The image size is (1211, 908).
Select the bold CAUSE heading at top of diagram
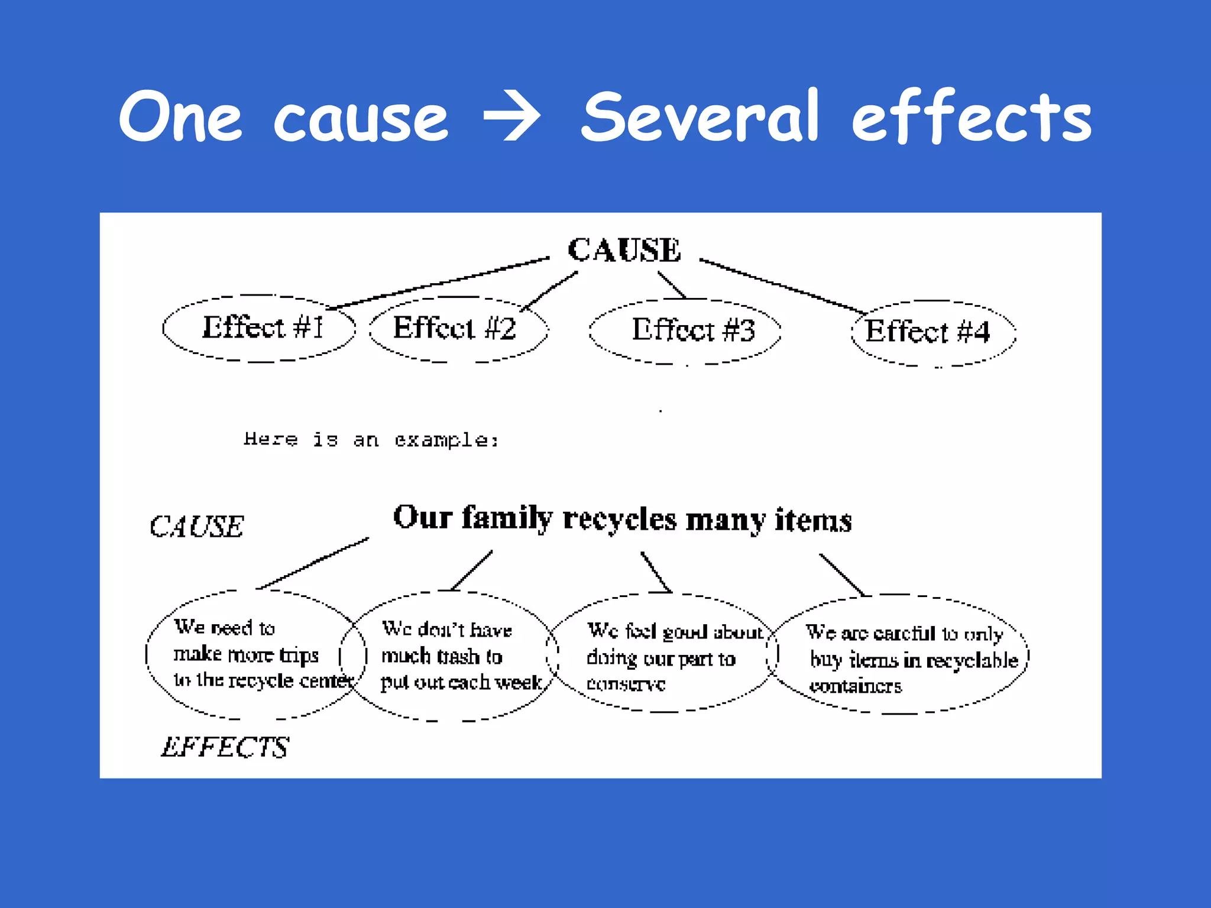pyautogui.click(x=624, y=249)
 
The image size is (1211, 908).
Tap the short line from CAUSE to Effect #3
pyautogui.click(x=672, y=284)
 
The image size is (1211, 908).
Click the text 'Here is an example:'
pyautogui.click(x=371, y=440)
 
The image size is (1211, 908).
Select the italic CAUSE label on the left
pyautogui.click(x=196, y=526)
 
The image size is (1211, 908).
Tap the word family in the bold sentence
pyautogui.click(x=506, y=519)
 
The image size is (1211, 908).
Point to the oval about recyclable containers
pyautogui.click(x=902, y=657)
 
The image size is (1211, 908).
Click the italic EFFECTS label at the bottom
pyautogui.click(x=225, y=747)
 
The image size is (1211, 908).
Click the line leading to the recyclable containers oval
pyautogui.click(x=841, y=574)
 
